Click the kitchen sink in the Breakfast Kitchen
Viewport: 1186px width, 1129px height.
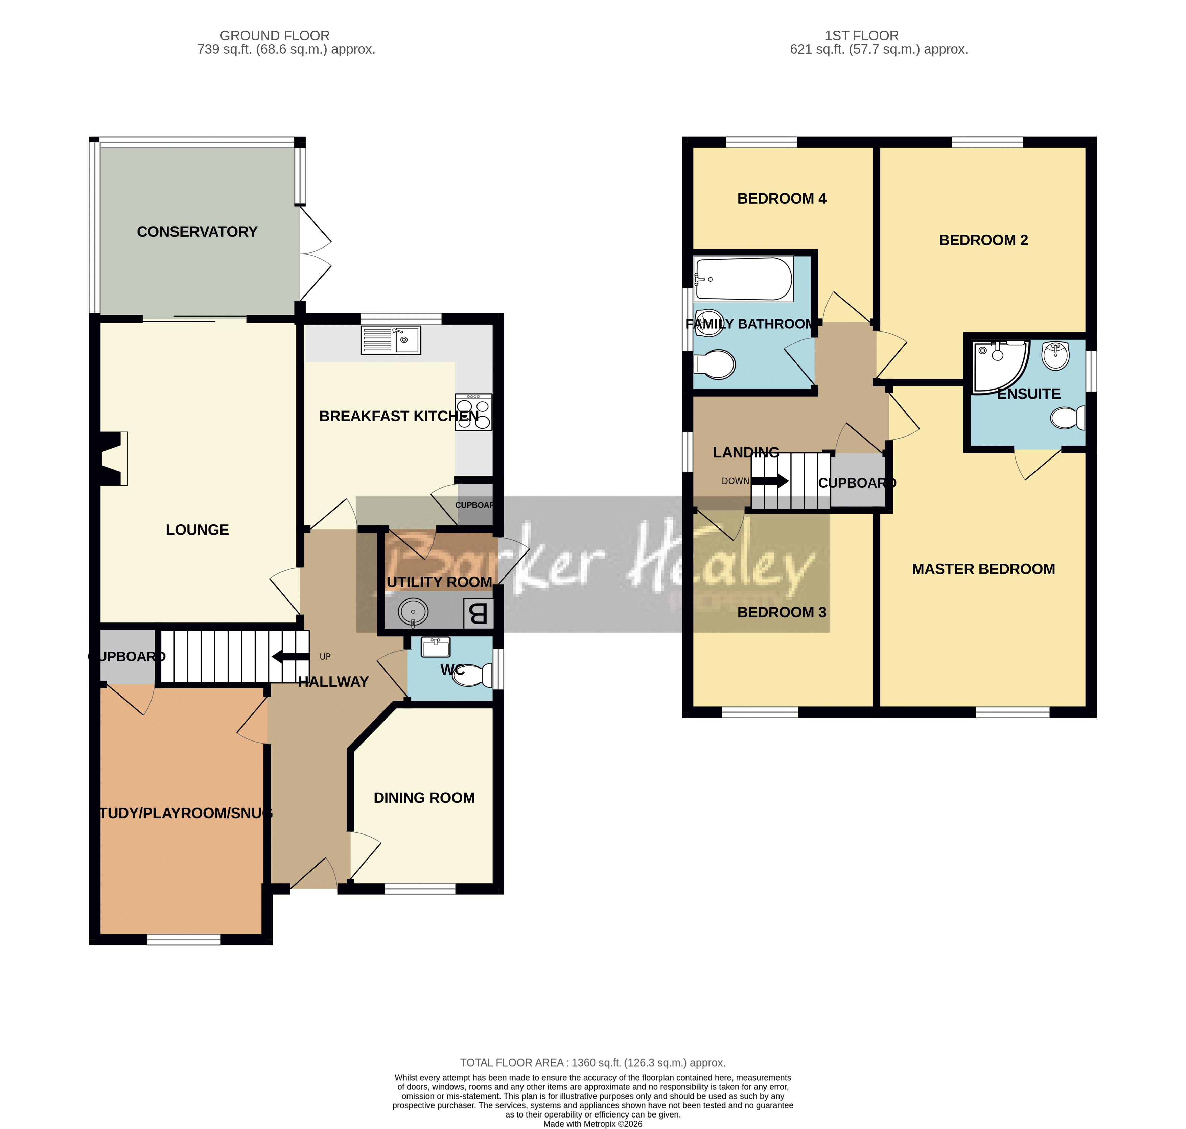click(x=390, y=340)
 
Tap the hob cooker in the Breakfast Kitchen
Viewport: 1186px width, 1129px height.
click(x=473, y=412)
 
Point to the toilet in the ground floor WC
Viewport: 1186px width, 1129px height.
click(x=474, y=675)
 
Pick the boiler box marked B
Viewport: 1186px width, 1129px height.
click(x=478, y=614)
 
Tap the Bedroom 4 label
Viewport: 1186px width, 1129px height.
click(x=782, y=198)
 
